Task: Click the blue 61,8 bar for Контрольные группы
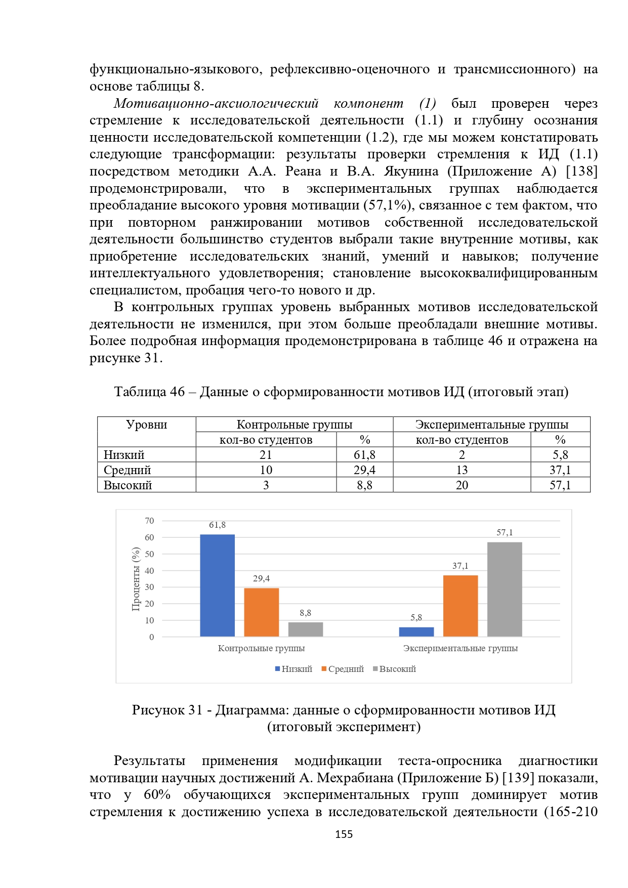point(217,585)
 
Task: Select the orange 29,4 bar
point(261,612)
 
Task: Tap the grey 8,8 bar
point(305,629)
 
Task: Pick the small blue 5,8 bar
point(416,631)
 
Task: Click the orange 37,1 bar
point(460,606)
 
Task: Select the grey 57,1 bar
point(504,589)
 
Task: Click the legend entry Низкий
point(294,669)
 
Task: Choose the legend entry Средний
point(343,669)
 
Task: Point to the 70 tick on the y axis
point(149,521)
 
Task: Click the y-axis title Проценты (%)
point(136,579)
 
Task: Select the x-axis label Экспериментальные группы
point(460,648)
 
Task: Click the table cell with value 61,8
point(364,454)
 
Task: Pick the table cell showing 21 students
point(266,454)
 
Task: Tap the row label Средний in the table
point(128,470)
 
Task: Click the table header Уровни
point(146,425)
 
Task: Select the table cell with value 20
point(462,485)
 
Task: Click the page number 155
point(344,834)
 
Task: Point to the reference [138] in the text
point(581,171)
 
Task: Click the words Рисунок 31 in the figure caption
point(167,710)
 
